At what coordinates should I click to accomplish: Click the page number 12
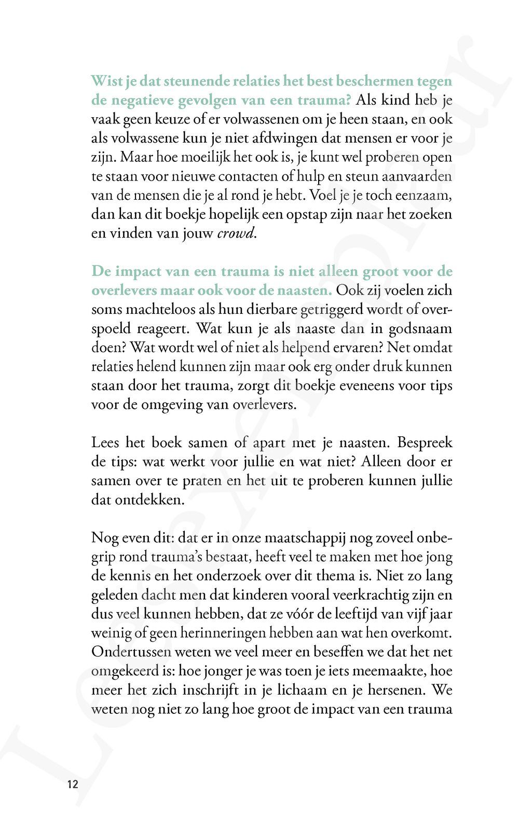(x=72, y=784)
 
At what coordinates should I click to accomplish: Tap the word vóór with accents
(x=294, y=614)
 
